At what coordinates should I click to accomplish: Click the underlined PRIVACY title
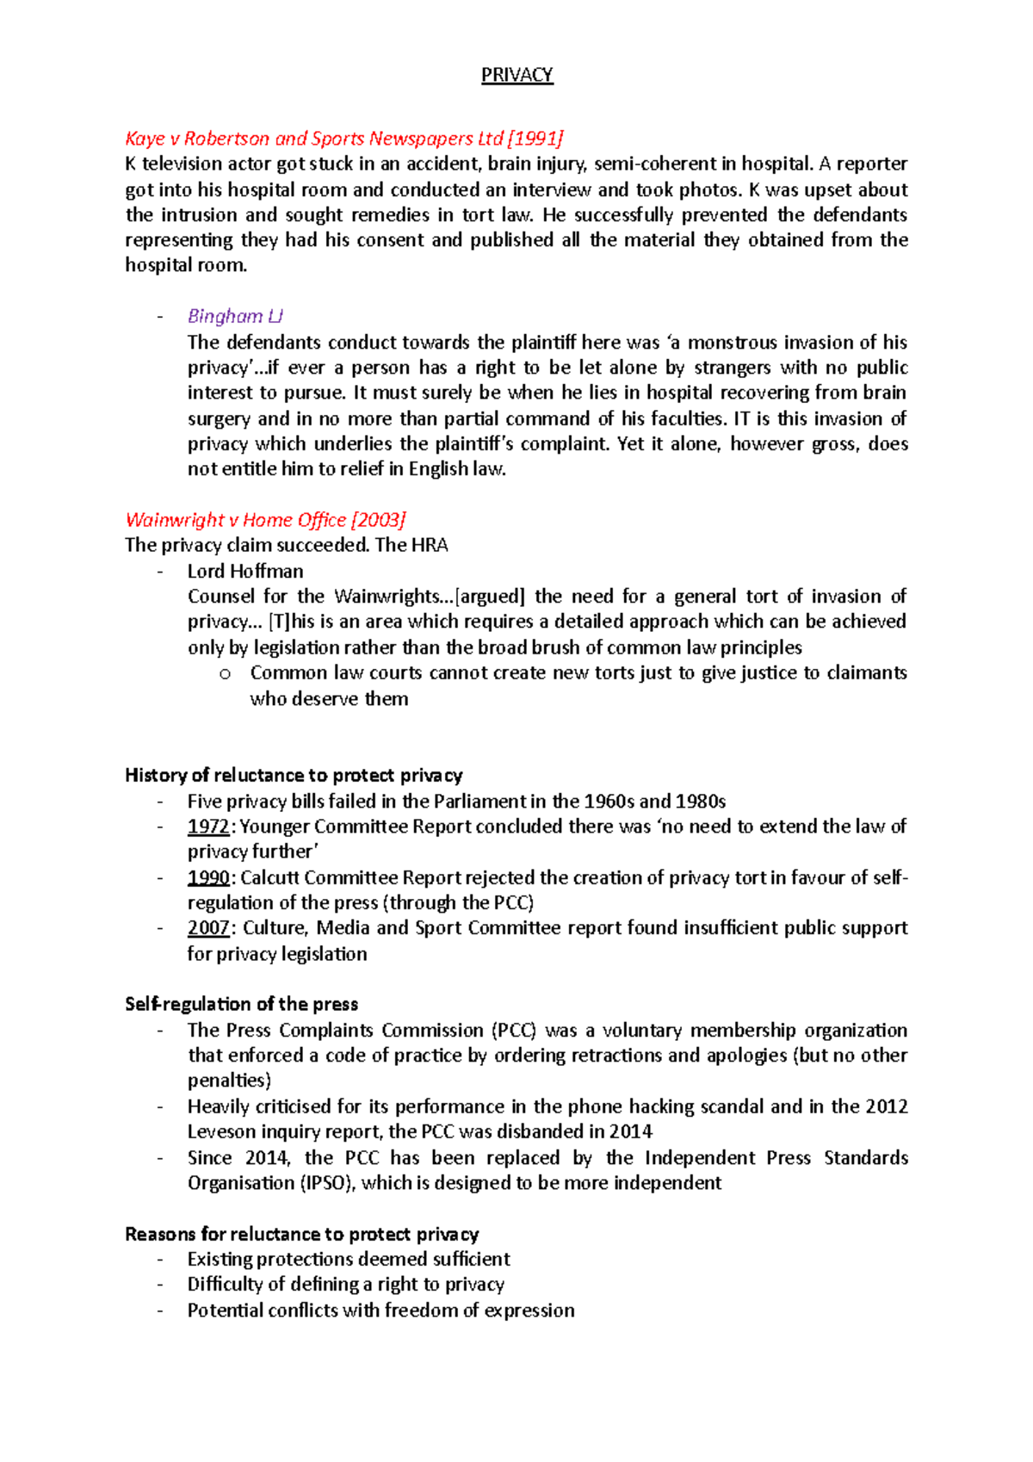tap(516, 75)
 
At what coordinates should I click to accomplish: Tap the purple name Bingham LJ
tap(235, 317)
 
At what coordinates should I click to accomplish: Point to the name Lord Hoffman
tap(245, 571)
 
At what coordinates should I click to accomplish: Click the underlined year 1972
tap(208, 827)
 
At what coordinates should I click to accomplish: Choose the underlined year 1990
tap(208, 877)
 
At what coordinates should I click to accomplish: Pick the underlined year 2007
tap(208, 928)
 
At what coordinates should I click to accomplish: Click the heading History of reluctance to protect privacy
tap(294, 775)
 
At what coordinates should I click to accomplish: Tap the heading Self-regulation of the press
tap(241, 1004)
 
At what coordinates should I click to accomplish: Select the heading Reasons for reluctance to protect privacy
tap(301, 1234)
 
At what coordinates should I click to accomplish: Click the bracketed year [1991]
tap(535, 139)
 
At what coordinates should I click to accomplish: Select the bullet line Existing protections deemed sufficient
tap(349, 1259)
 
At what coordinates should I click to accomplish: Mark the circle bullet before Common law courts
tap(225, 674)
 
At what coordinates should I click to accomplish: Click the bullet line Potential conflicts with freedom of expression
tap(380, 1310)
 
